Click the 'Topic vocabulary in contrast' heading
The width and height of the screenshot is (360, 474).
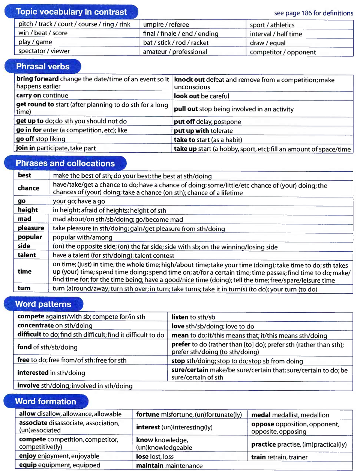71,12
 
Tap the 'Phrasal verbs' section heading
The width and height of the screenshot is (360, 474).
43,66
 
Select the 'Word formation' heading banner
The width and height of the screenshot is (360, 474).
45,401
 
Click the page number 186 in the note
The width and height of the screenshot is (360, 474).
306,13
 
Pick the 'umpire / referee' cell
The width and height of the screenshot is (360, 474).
166,24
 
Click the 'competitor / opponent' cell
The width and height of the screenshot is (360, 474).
283,52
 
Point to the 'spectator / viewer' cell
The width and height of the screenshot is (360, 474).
44,51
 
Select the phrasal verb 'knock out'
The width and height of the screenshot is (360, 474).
189,79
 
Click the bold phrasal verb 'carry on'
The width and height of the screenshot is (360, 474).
28,95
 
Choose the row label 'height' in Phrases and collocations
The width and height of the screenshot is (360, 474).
28,210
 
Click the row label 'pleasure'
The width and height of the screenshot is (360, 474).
31,228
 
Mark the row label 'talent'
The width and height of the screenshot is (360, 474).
27,255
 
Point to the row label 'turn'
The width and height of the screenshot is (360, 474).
24,288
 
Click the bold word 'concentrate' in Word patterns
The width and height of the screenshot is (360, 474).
36,325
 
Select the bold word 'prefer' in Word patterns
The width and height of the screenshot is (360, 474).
181,344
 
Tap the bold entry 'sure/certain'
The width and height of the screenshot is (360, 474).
190,370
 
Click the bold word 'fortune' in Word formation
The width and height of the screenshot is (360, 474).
148,414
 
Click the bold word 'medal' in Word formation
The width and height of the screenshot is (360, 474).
261,415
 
